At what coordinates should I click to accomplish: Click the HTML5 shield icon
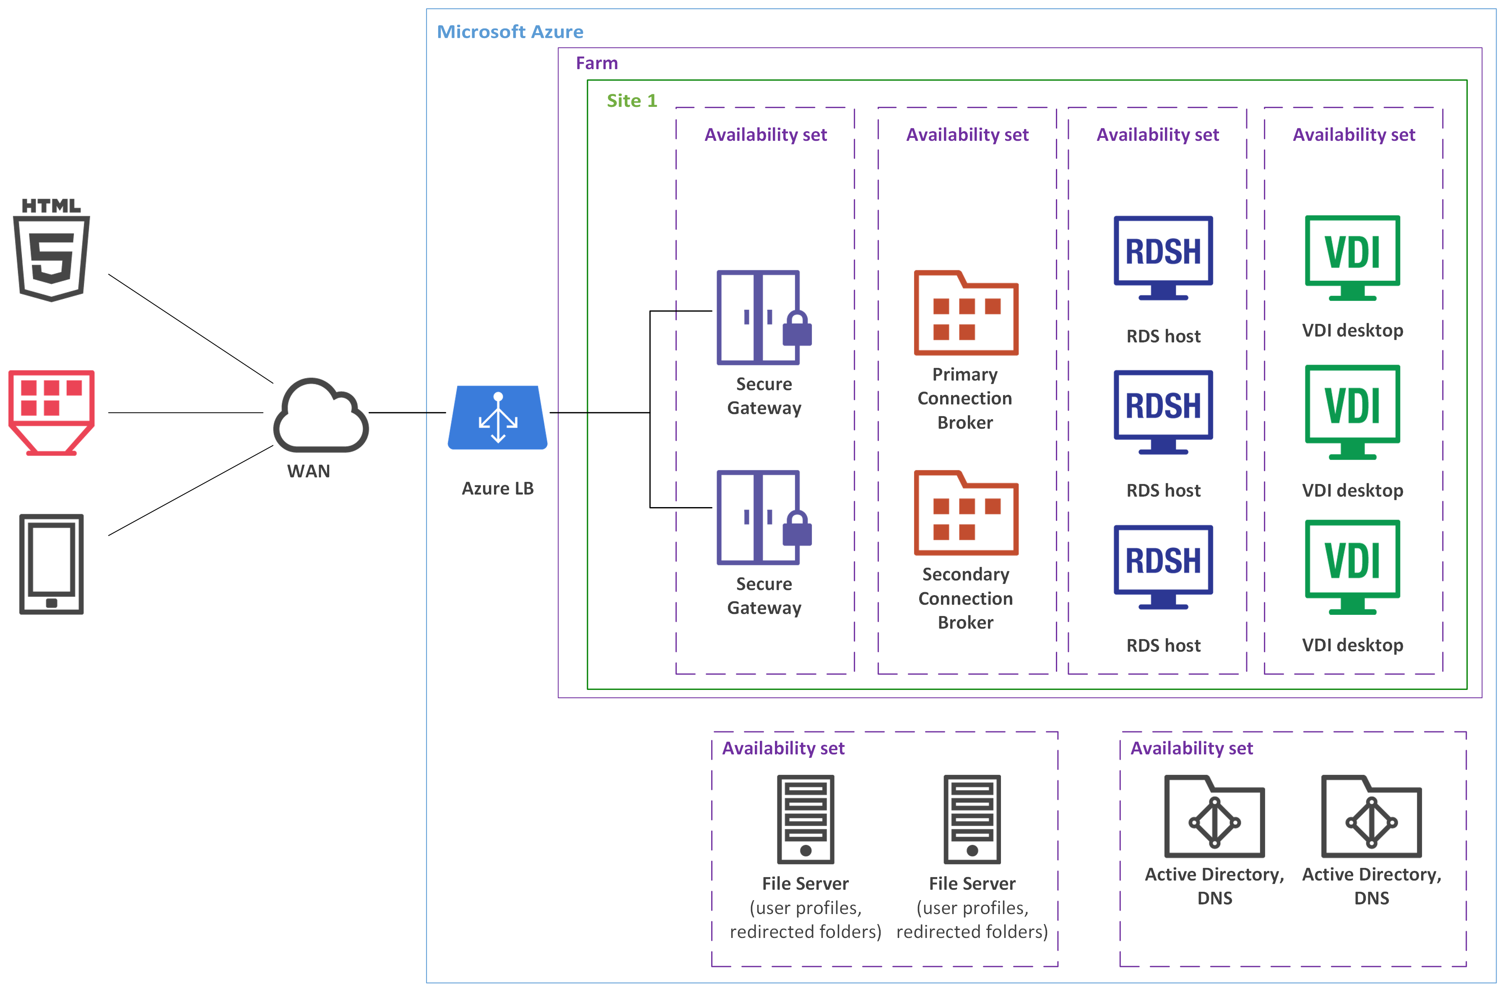pyautogui.click(x=51, y=250)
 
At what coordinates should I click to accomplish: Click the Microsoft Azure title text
pyautogui.click(x=510, y=31)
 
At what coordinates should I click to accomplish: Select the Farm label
pyautogui.click(x=596, y=63)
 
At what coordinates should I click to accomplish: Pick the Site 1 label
pyautogui.click(x=632, y=101)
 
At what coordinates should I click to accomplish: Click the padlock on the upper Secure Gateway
pyautogui.click(x=797, y=329)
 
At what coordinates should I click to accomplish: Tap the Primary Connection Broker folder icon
pyautogui.click(x=966, y=314)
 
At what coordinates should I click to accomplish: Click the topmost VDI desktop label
pyautogui.click(x=1352, y=330)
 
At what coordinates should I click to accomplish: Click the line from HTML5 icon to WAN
pyautogui.click(x=190, y=328)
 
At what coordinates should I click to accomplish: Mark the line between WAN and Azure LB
pyautogui.click(x=407, y=412)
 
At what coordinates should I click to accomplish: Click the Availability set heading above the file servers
pyautogui.click(x=783, y=749)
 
